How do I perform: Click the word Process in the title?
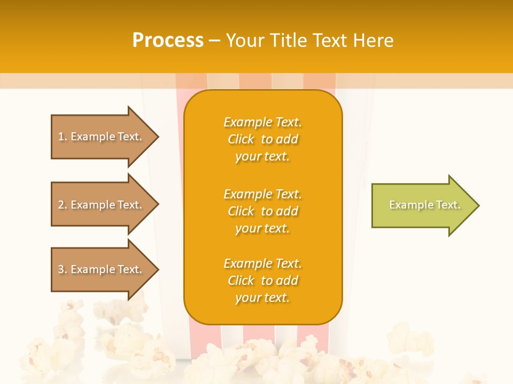(168, 41)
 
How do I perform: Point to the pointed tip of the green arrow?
(478, 205)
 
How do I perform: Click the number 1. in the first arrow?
(63, 137)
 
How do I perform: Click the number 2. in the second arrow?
(63, 205)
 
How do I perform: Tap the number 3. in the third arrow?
(63, 269)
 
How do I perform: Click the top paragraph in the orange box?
(262, 139)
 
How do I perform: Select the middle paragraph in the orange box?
(262, 211)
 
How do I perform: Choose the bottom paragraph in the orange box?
(262, 281)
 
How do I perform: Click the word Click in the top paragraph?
(241, 139)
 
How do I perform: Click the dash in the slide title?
(215, 41)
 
